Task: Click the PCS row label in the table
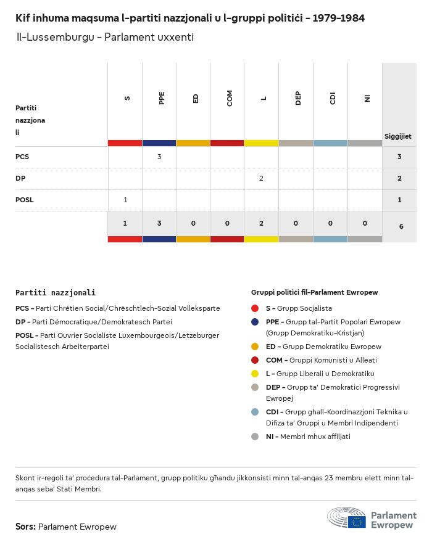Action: click(x=22, y=157)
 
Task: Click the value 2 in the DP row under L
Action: click(x=261, y=178)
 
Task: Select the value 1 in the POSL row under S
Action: click(x=125, y=200)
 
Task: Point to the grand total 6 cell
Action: click(x=401, y=226)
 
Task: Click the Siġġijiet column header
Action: click(x=397, y=136)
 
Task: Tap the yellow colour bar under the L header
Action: click(x=261, y=143)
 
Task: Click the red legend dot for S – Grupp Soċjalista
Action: click(x=255, y=308)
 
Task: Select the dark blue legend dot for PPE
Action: click(x=255, y=322)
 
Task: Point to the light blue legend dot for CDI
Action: click(x=255, y=412)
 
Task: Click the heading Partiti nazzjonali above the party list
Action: click(x=56, y=293)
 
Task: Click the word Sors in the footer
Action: click(x=25, y=527)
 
